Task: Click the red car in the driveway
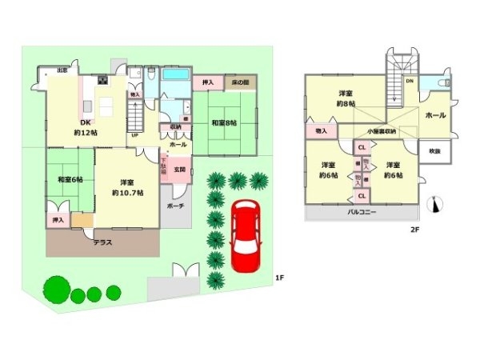(x=244, y=238)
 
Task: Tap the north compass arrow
(x=436, y=206)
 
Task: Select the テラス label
(x=102, y=242)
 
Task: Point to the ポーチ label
(x=175, y=206)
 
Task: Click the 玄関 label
(x=181, y=170)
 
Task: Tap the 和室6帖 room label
(x=69, y=180)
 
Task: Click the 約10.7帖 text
(x=127, y=193)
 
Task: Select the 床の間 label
(x=242, y=82)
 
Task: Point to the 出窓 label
(x=62, y=70)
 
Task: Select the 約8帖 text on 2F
(x=346, y=104)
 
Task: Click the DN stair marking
(x=409, y=81)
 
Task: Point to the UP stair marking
(x=134, y=134)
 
